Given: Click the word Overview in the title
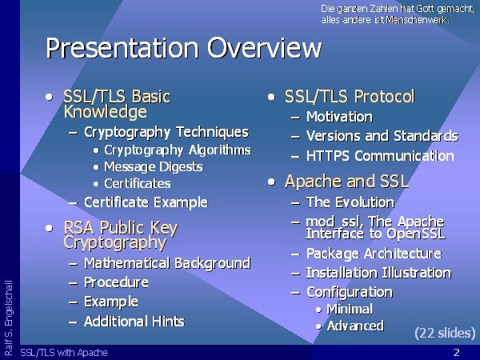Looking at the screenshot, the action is pyautogui.click(x=265, y=48).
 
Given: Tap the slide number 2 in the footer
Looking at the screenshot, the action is pyautogui.click(x=457, y=352).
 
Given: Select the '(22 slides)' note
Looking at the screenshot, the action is pyautogui.click(x=445, y=333).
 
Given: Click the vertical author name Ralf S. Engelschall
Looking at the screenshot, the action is pyautogui.click(x=9, y=318).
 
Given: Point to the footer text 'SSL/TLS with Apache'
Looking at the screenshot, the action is pyautogui.click(x=64, y=352).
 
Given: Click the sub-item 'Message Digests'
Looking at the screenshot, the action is pyautogui.click(x=154, y=167).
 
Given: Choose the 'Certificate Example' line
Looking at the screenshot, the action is pyautogui.click(x=146, y=202).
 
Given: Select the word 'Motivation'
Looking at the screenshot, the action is pyautogui.click(x=339, y=117).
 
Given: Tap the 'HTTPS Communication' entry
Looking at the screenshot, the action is pyautogui.click(x=380, y=155).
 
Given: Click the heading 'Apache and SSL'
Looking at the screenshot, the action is pyautogui.click(x=347, y=182).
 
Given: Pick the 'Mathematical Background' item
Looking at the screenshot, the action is pyautogui.click(x=167, y=263).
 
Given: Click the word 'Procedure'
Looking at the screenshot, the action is pyautogui.click(x=116, y=282).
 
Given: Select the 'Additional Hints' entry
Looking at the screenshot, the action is pyautogui.click(x=134, y=322).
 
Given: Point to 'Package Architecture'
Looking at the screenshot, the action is pyautogui.click(x=374, y=254).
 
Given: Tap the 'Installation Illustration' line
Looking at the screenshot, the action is pyautogui.click(x=378, y=273).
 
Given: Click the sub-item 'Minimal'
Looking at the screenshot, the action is pyautogui.click(x=350, y=309).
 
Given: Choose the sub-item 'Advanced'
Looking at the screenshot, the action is pyautogui.click(x=355, y=326).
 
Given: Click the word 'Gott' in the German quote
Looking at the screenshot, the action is pyautogui.click(x=426, y=9).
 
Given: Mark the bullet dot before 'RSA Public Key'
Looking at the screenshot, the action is pyautogui.click(x=49, y=228).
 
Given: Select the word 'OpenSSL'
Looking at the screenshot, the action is pyautogui.click(x=416, y=234).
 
